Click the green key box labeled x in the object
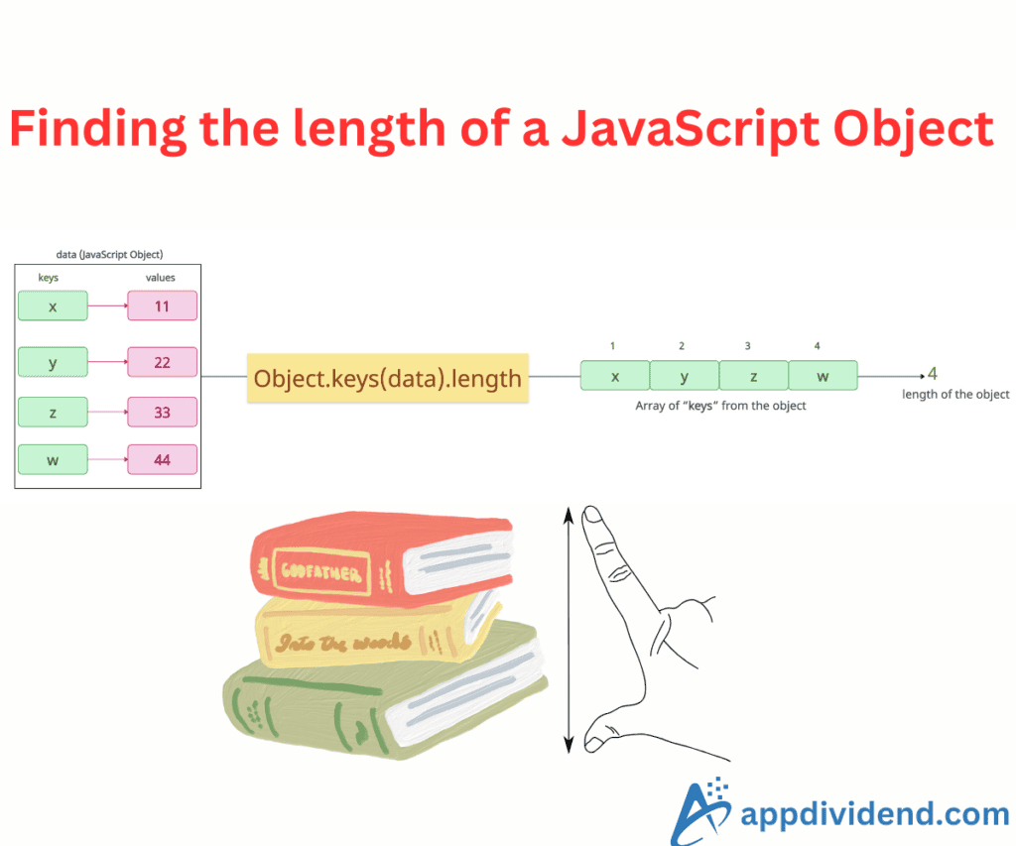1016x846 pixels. coord(53,305)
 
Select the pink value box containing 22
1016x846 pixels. coord(162,362)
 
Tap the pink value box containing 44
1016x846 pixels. coord(162,460)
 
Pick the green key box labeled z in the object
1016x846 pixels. coord(53,412)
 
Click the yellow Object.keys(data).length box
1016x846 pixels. coord(388,378)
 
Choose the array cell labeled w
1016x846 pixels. coord(823,376)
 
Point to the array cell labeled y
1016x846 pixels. coord(685,376)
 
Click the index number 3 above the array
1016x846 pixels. coord(748,346)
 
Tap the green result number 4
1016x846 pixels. coord(933,373)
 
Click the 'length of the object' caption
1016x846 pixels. coord(955,394)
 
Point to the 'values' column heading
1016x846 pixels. coord(160,278)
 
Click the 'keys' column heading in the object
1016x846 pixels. coord(48,278)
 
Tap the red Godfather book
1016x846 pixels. coord(382,558)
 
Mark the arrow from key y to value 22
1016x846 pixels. coord(107,361)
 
